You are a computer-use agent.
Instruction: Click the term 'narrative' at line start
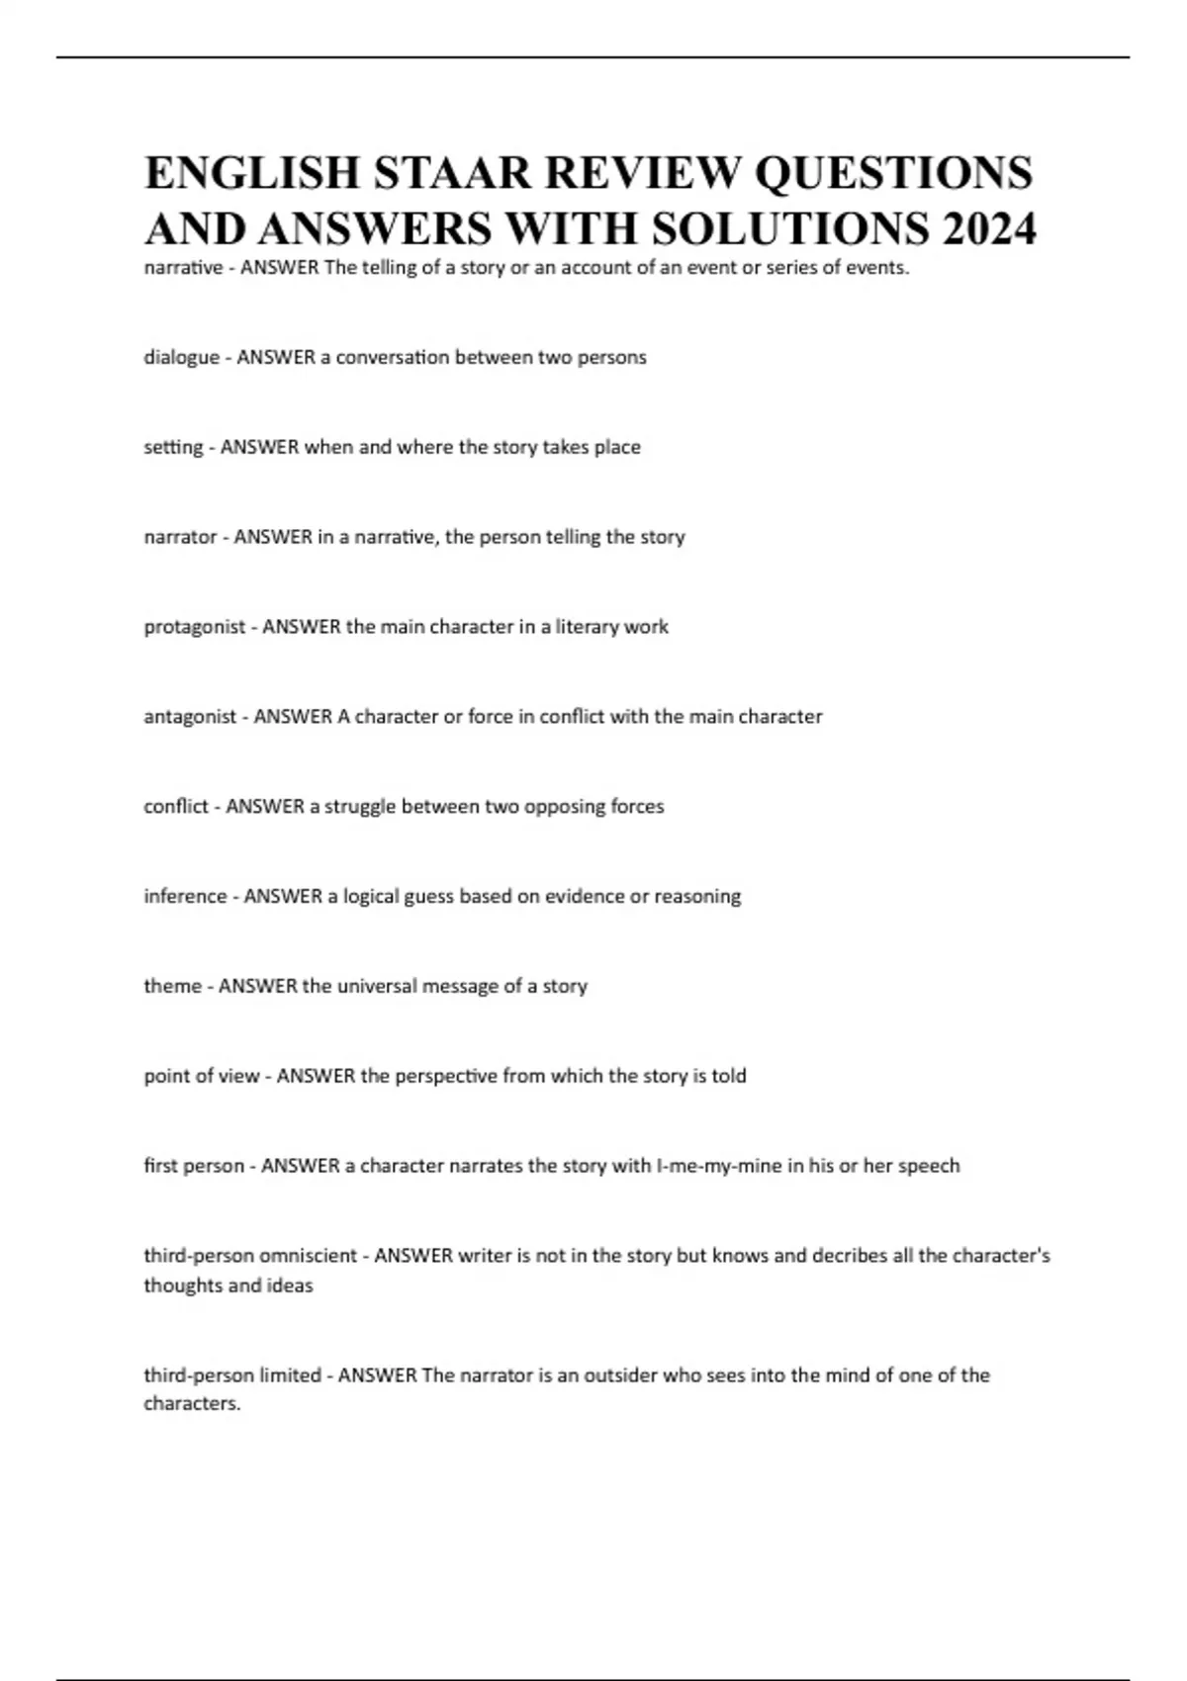click(x=183, y=267)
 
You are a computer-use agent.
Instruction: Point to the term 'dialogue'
click(x=182, y=357)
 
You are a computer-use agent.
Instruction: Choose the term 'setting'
click(x=173, y=447)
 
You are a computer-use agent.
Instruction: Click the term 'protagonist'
click(x=194, y=627)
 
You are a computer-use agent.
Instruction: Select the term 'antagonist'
click(x=189, y=717)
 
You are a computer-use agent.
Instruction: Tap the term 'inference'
click(x=185, y=897)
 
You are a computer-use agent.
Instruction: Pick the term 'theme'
click(x=172, y=986)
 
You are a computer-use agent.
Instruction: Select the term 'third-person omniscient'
click(x=250, y=1256)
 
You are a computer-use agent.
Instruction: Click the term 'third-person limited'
click(x=232, y=1375)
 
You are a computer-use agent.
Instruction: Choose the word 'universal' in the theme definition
click(x=376, y=986)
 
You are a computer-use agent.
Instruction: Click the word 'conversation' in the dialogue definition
click(x=393, y=357)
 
